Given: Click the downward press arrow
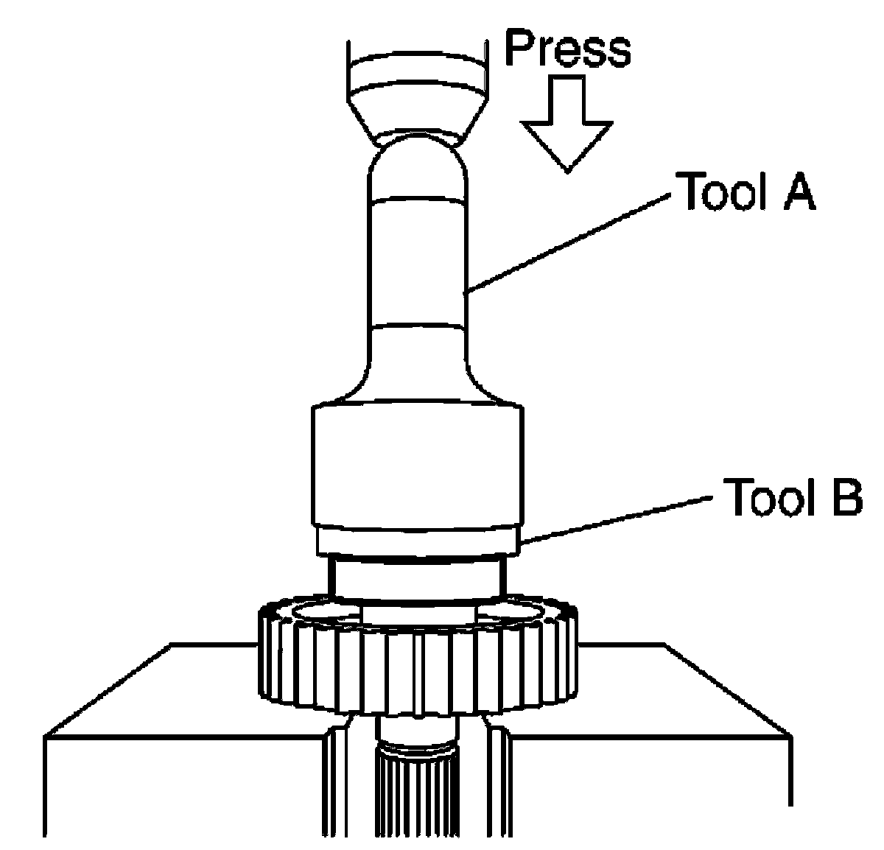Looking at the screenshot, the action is point(566,124).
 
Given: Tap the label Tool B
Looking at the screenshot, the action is point(793,496).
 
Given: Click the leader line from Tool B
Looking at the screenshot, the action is point(617,520).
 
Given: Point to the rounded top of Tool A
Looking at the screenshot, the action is point(418,168).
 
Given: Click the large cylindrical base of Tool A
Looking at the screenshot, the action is point(418,463).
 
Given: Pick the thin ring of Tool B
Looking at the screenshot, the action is point(418,541).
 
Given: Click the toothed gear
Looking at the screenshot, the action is point(418,658).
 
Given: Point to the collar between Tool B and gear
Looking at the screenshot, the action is point(418,578).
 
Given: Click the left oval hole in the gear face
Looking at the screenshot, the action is point(327,612).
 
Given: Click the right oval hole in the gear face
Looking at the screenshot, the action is point(510,612).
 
